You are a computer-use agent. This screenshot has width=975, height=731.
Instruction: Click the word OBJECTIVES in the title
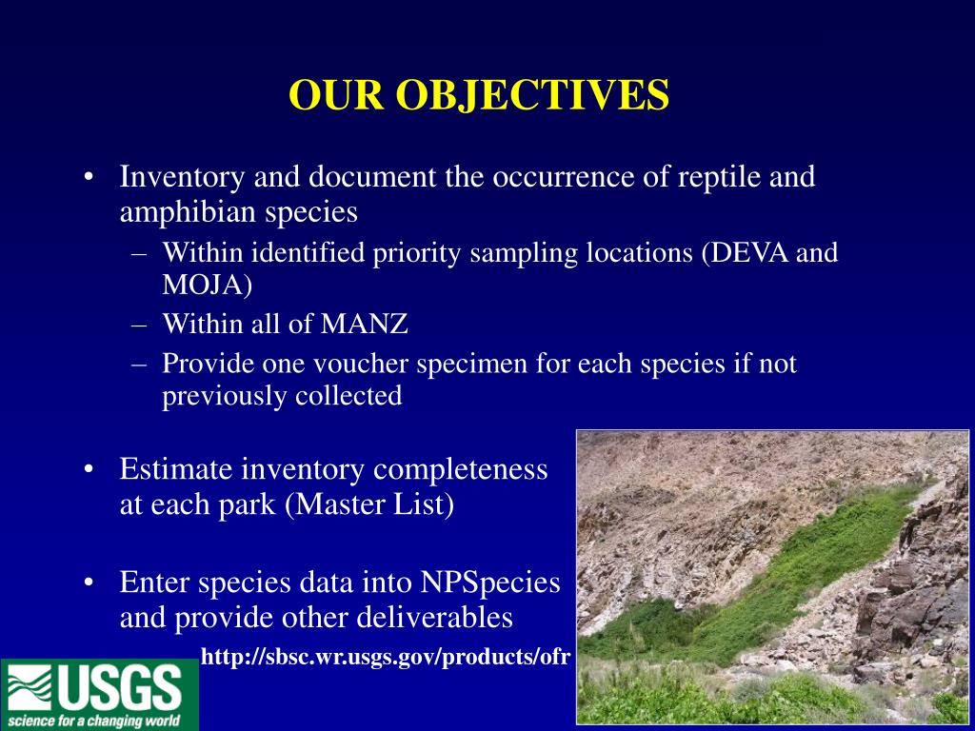532,96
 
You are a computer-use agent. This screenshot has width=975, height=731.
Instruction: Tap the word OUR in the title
336,95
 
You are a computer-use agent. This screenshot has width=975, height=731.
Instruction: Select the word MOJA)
207,286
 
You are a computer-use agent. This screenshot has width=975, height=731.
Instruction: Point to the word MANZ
365,324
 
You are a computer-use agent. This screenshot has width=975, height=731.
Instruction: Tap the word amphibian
189,212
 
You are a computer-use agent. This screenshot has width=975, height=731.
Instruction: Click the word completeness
460,470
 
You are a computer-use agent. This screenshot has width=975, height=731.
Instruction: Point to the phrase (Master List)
369,504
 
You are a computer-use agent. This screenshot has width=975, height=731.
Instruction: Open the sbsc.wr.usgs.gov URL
386,657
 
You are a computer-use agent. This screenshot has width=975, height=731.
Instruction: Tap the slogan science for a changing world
94,721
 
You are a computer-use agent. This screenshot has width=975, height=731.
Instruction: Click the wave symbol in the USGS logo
30,688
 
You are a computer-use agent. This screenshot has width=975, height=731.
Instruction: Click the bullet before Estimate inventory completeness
89,469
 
